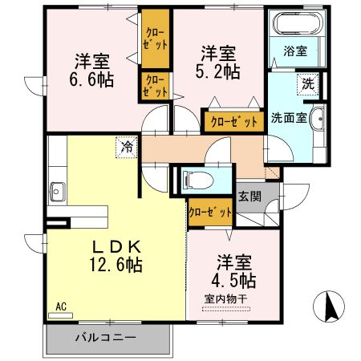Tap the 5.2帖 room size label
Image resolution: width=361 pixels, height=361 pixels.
pos(218,71)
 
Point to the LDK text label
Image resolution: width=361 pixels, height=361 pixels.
pos(115,247)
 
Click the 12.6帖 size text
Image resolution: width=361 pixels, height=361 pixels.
pos(116,265)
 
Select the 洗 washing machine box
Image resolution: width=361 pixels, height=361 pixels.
pos(308,83)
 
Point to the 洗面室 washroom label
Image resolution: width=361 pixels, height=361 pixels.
pos(287,116)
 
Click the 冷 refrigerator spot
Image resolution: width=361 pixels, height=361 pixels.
pos(125,146)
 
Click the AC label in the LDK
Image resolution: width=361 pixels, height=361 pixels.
pos(60,306)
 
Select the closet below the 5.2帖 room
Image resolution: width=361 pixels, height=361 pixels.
pos(233,122)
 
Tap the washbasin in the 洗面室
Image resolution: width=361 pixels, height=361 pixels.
pos(319,119)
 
